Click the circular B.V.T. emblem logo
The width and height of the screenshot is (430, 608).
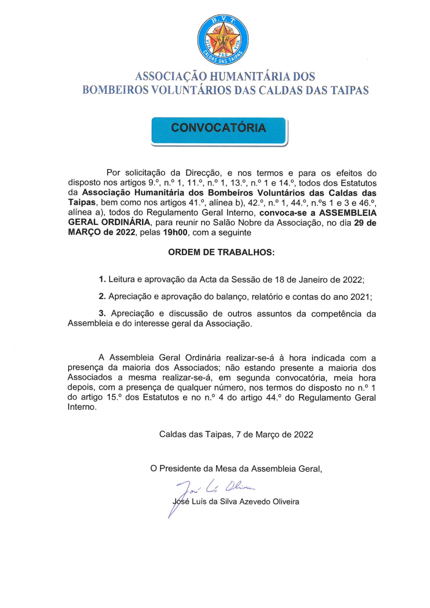click(223, 39)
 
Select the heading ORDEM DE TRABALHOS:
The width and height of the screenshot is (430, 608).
click(221, 252)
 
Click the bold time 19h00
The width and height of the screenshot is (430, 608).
click(175, 233)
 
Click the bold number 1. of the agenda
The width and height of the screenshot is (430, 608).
click(102, 279)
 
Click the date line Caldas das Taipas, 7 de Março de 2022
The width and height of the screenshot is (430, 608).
click(236, 434)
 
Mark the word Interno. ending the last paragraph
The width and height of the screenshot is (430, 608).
click(82, 407)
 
